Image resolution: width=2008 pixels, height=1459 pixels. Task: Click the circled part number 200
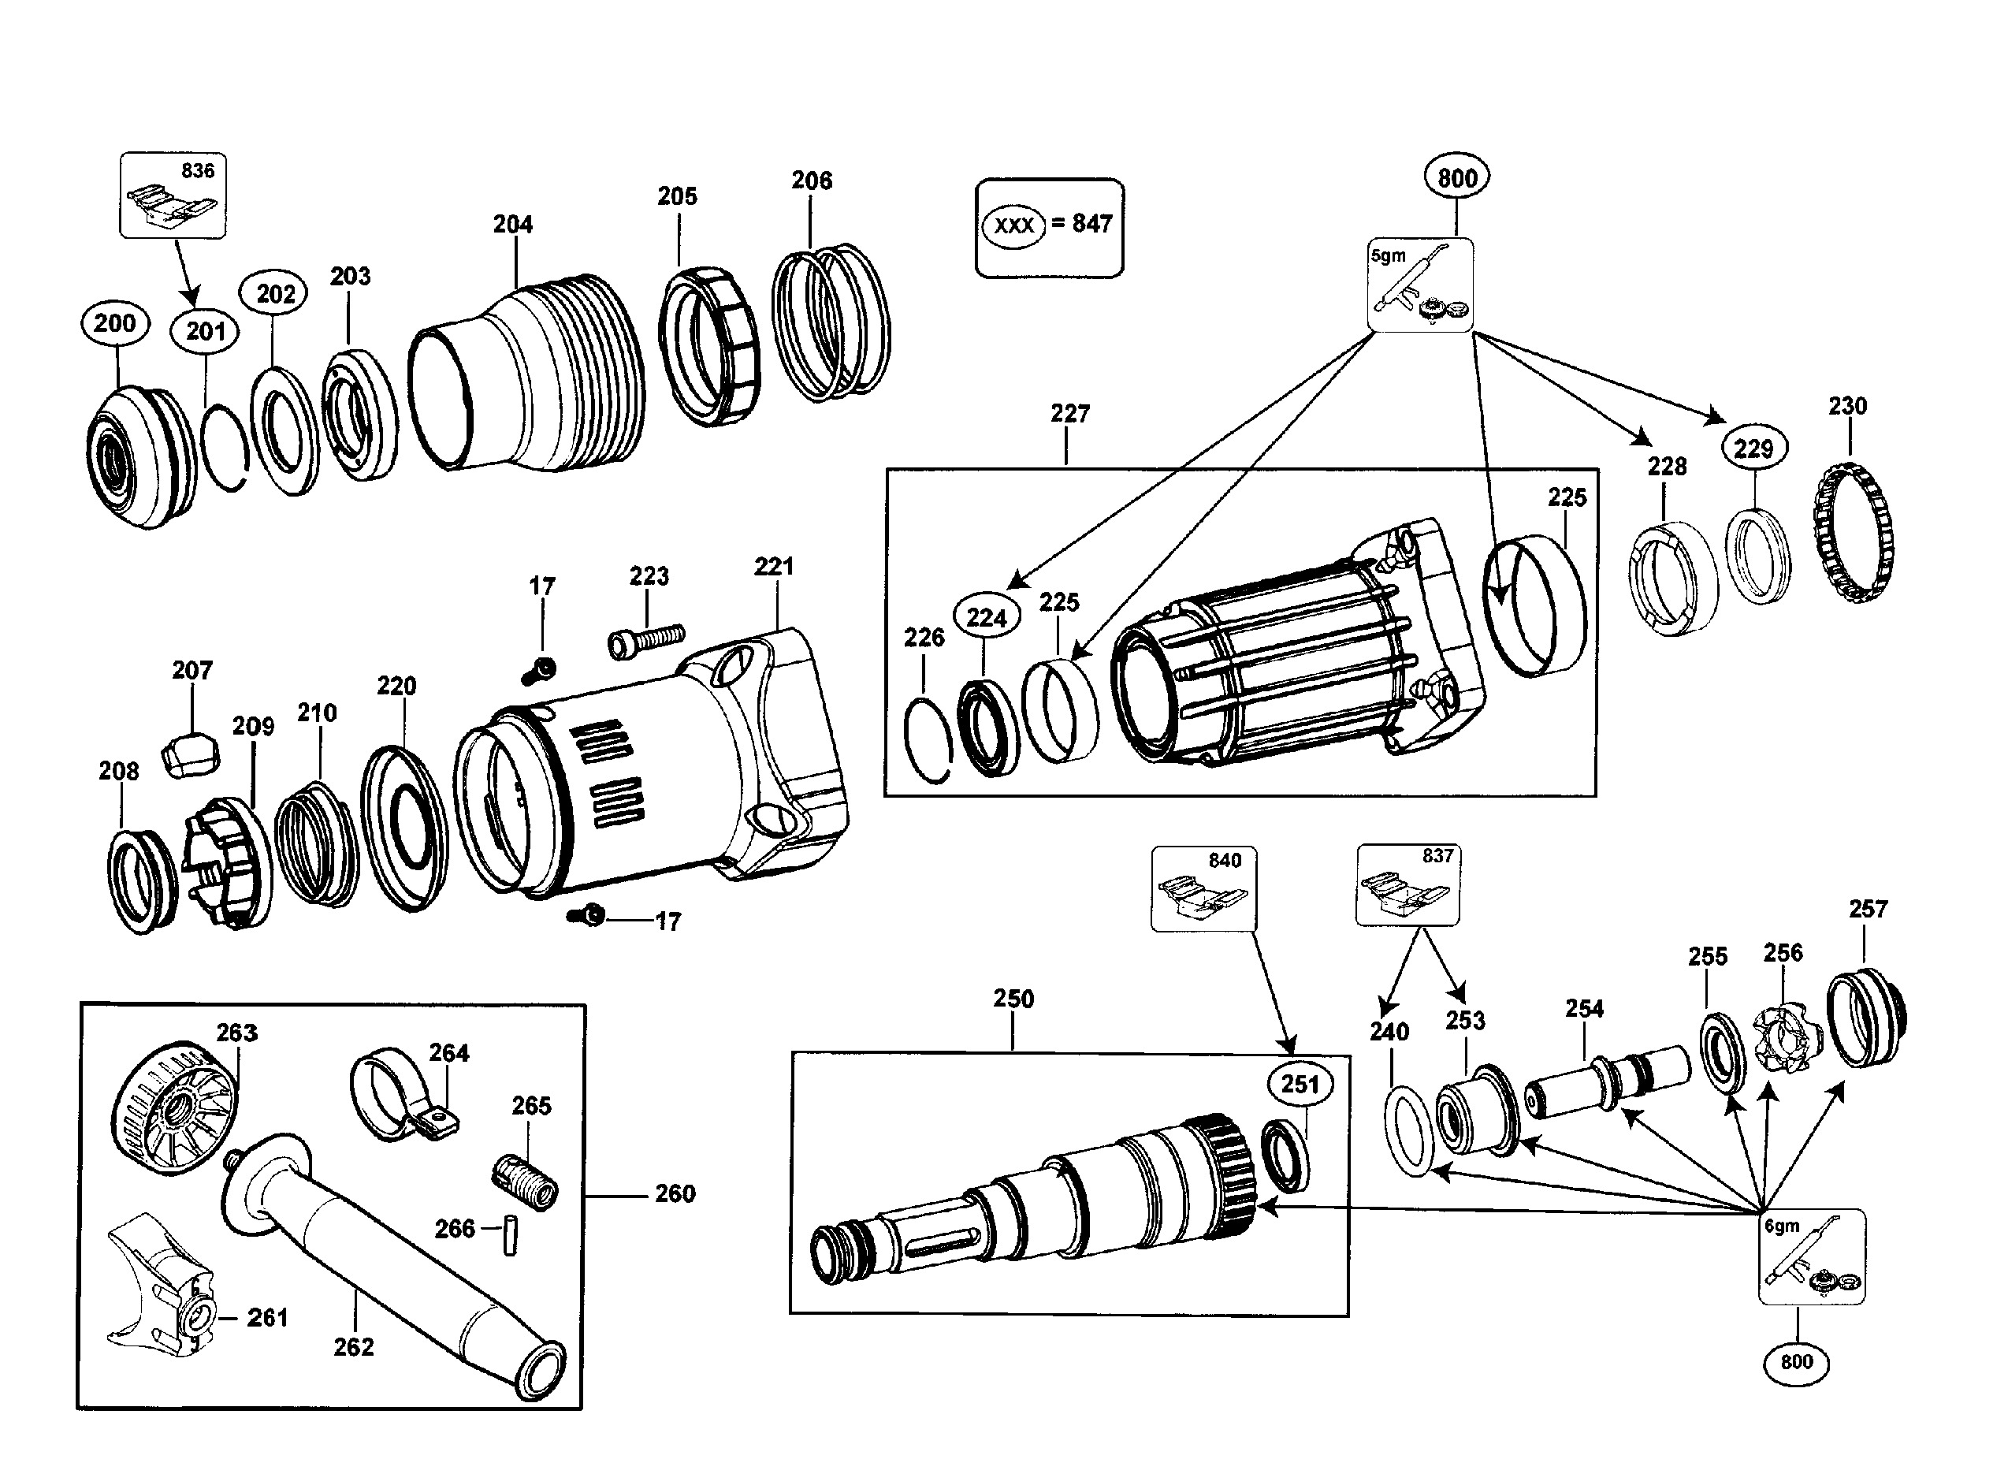[114, 323]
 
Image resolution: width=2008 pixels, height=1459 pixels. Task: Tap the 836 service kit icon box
[173, 195]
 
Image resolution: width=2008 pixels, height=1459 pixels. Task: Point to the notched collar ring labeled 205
[710, 345]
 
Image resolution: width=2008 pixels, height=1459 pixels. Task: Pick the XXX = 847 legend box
[1049, 228]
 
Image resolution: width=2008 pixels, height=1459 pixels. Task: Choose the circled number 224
[987, 617]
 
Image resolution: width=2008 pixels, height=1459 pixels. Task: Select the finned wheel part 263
[175, 1108]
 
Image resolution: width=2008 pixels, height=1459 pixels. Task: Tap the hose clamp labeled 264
[403, 1096]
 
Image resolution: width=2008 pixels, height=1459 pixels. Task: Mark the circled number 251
[1300, 1084]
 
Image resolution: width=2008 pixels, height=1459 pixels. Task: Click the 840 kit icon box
[1203, 889]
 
